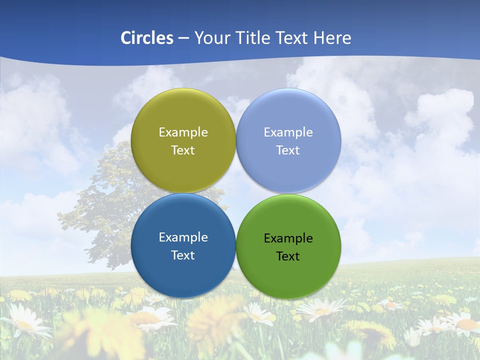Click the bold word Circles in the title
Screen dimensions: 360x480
click(147, 38)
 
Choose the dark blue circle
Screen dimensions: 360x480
click(183, 270)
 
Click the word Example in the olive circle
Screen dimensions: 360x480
click(183, 132)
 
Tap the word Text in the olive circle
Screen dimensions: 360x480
click(183, 150)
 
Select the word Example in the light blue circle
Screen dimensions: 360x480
click(288, 132)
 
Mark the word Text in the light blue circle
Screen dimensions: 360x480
click(288, 150)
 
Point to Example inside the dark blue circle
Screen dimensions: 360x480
click(183, 237)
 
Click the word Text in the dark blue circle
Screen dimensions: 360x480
click(183, 255)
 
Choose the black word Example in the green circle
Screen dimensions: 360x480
click(288, 238)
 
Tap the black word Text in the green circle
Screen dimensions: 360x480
click(288, 256)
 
